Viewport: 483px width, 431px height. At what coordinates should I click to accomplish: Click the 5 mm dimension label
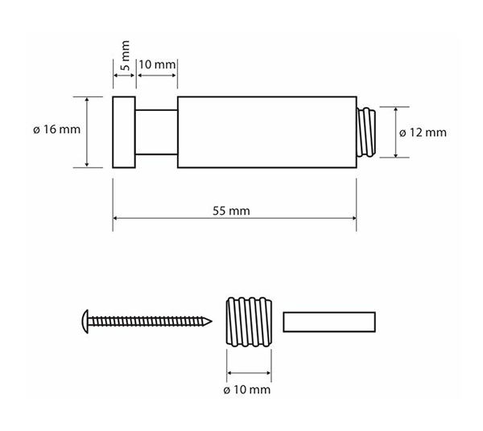(126, 55)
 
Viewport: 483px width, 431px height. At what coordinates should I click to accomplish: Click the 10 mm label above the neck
(157, 64)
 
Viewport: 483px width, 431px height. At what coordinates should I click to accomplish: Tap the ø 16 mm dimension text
(56, 129)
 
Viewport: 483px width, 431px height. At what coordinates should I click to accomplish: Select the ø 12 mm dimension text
(423, 133)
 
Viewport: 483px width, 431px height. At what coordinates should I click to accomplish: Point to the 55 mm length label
(231, 211)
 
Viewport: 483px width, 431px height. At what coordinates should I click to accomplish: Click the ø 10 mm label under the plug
(247, 390)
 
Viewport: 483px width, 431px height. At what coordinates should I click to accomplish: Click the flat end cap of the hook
(124, 133)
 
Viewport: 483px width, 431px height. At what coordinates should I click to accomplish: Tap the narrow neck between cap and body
(156, 133)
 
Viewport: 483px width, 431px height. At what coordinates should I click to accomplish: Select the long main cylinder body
(267, 133)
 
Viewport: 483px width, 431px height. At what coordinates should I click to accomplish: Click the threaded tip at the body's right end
(366, 133)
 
